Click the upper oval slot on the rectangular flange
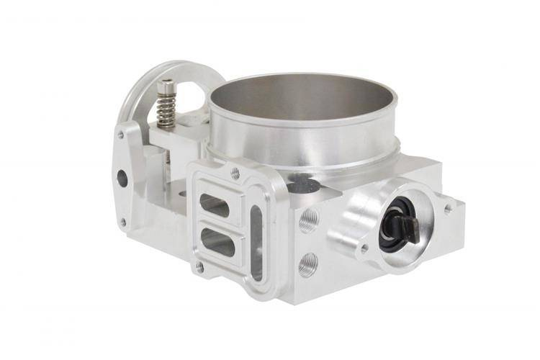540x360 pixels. (x=215, y=205)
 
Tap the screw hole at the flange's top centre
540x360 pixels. (x=235, y=173)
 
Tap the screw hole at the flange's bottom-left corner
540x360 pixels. (x=200, y=267)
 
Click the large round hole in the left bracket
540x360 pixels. (x=122, y=178)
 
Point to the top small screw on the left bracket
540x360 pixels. (x=120, y=135)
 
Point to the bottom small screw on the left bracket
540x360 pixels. (x=122, y=222)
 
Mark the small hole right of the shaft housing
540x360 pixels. (x=449, y=208)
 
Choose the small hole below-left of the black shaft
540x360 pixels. (x=364, y=248)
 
